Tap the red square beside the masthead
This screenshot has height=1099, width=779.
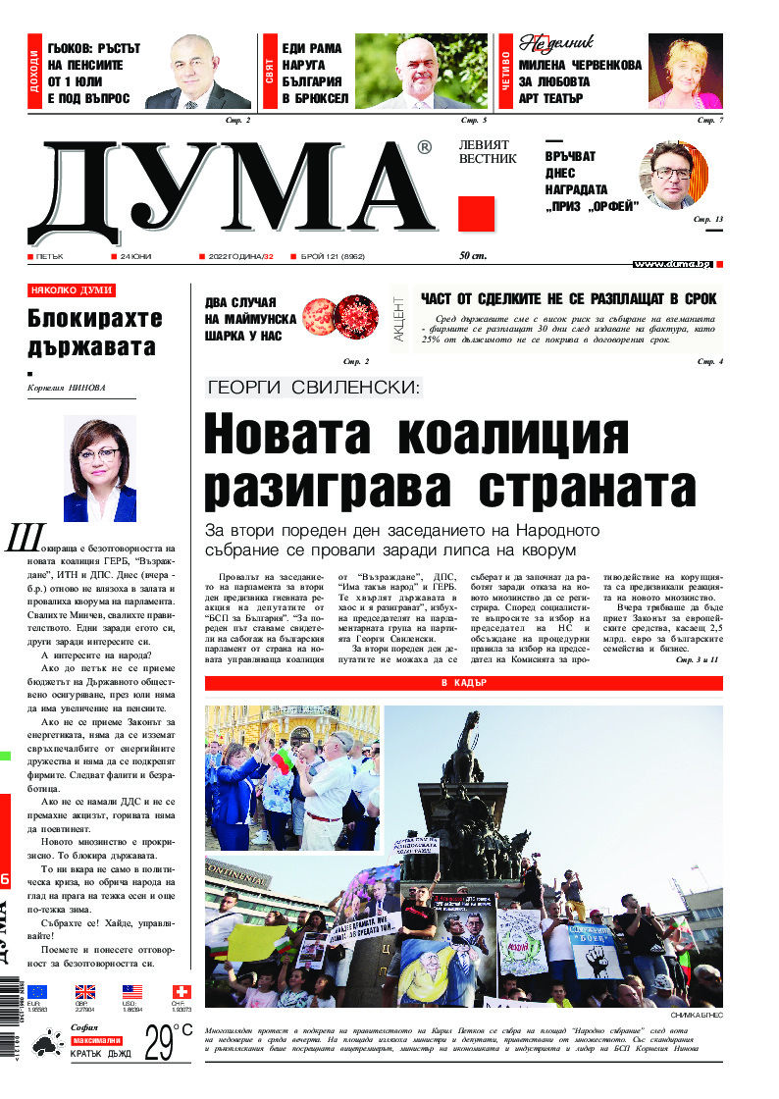click(x=476, y=213)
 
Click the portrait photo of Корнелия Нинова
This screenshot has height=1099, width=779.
click(x=99, y=468)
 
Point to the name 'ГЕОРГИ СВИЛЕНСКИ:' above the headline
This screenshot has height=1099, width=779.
click(x=313, y=387)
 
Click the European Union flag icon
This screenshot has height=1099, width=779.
click(x=37, y=991)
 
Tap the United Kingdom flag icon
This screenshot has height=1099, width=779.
click(x=85, y=991)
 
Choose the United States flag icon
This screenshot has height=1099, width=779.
click(x=132, y=991)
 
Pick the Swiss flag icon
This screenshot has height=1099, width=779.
click(x=181, y=991)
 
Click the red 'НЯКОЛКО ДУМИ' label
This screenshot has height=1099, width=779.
click(x=72, y=290)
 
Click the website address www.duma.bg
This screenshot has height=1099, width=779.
click(x=671, y=264)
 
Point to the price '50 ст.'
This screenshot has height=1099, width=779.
click(x=474, y=257)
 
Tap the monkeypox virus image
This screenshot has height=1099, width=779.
click(x=338, y=316)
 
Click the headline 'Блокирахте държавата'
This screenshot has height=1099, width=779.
click(x=92, y=333)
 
